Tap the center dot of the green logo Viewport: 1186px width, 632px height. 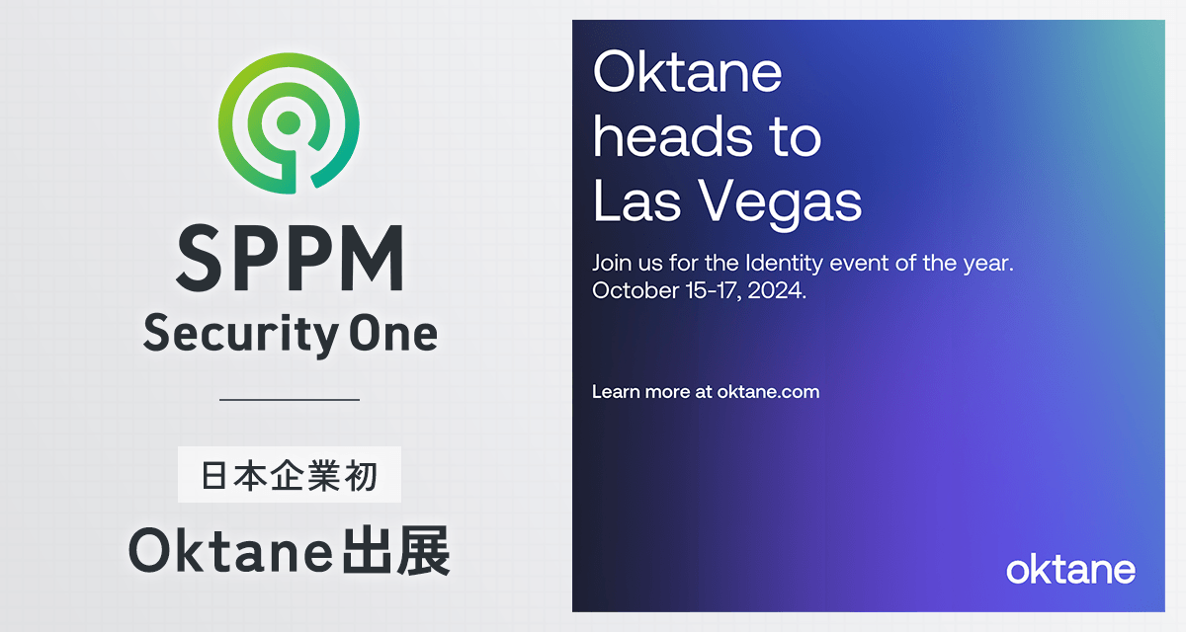(289, 123)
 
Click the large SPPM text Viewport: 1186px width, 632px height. (291, 258)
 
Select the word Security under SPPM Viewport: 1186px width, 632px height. (241, 334)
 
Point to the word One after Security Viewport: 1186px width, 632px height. (393, 334)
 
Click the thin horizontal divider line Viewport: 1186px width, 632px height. (290, 400)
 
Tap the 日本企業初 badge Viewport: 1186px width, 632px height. (289, 474)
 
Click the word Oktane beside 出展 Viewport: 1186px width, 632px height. (231, 552)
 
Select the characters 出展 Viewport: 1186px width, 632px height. (396, 551)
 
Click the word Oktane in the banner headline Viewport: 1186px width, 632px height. (687, 72)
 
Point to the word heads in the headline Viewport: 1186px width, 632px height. (672, 137)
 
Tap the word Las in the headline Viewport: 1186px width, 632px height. (636, 201)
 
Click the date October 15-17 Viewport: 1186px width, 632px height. (667, 290)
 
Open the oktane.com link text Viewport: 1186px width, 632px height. (768, 392)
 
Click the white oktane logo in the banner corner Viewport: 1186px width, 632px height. (1070, 570)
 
